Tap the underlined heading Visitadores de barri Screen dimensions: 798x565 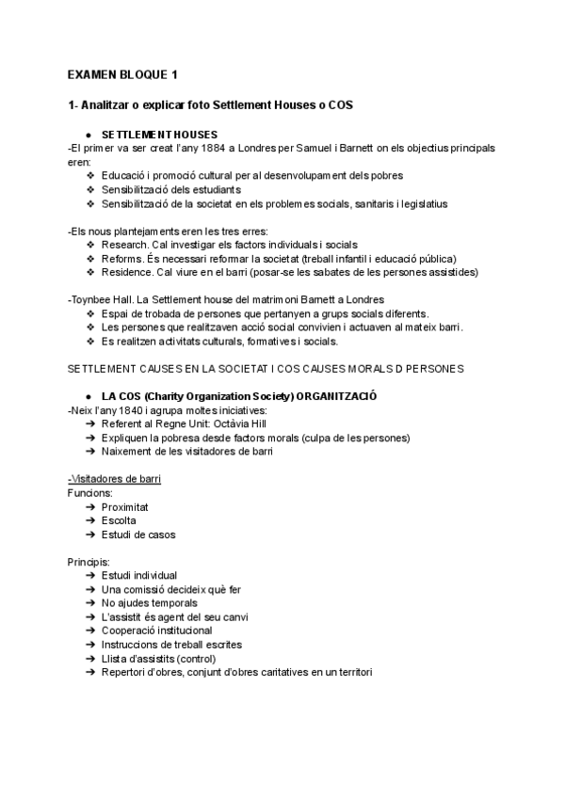114,479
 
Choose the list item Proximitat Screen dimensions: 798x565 125,506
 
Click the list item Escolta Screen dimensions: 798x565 119,520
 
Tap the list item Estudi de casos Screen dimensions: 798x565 138,535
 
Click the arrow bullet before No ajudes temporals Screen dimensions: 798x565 89,603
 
